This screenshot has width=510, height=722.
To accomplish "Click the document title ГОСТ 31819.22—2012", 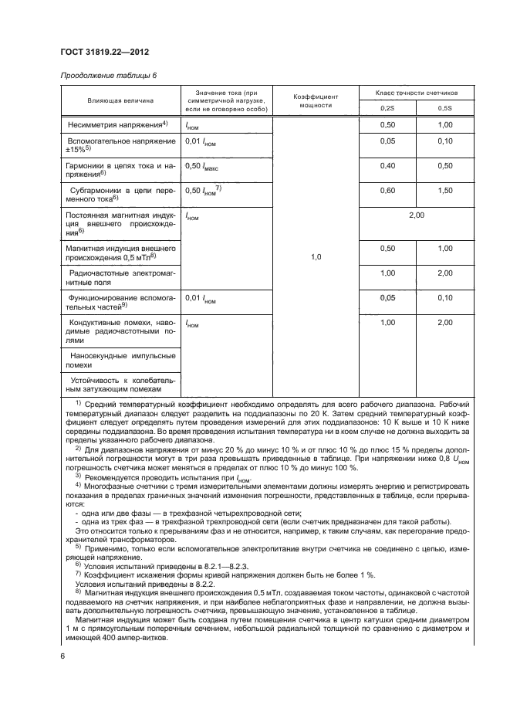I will (104, 52).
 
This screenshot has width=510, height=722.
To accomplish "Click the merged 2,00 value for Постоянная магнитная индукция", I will (416, 215).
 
